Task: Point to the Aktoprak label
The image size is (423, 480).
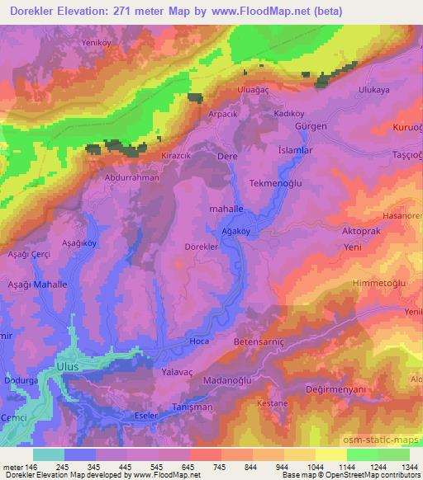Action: [361, 233]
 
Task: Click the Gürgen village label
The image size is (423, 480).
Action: [311, 126]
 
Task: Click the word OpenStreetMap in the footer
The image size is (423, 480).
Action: [381, 476]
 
